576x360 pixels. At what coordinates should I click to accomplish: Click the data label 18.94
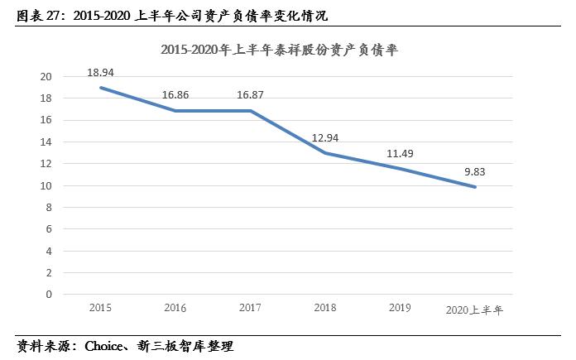[x=100, y=73]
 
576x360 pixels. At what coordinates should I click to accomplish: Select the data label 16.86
[x=175, y=95]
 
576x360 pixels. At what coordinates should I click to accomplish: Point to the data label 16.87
[x=250, y=95]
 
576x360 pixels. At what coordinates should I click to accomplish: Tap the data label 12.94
[x=325, y=137]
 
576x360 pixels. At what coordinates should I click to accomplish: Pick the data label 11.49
[x=401, y=153]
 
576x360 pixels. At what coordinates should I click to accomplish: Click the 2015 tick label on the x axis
[x=100, y=308]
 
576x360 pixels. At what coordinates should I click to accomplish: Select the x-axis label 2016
[x=175, y=308]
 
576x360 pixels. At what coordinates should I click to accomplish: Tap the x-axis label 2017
[x=250, y=308]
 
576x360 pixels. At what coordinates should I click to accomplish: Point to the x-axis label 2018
[x=325, y=308]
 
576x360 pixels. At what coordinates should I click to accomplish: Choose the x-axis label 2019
[x=401, y=308]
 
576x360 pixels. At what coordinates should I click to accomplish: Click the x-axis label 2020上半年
[x=474, y=310]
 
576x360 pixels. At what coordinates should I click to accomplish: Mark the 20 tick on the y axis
[x=46, y=77]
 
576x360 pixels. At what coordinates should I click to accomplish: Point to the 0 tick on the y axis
[x=49, y=294]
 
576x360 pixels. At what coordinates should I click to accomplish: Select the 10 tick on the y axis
[x=46, y=185]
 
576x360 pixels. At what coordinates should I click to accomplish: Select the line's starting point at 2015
[x=100, y=88]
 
